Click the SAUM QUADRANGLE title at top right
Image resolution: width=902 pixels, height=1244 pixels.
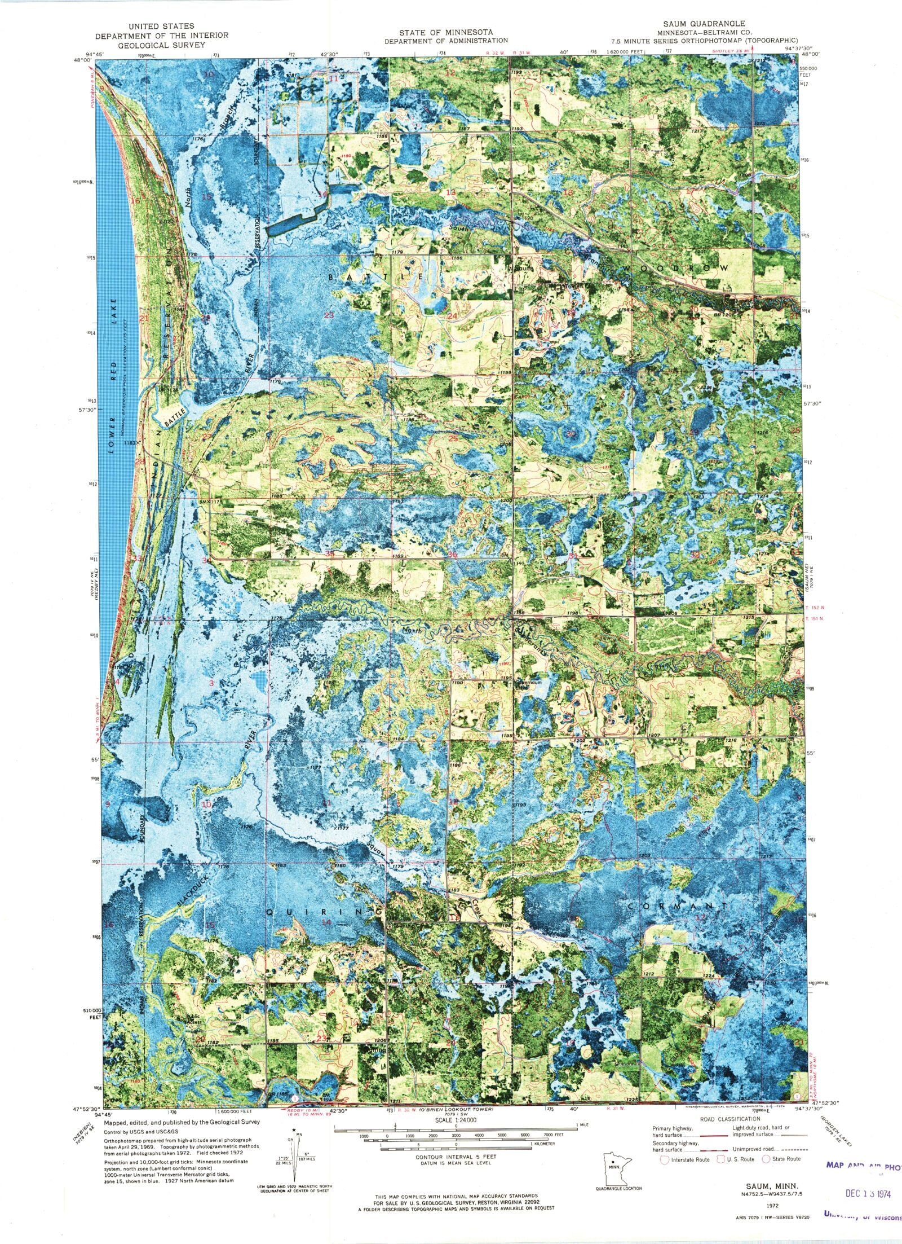[x=704, y=24]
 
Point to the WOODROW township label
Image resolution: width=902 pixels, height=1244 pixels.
[x=676, y=267]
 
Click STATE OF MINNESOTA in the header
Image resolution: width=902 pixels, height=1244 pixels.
[x=445, y=32]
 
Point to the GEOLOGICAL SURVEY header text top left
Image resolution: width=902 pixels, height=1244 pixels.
[x=161, y=44]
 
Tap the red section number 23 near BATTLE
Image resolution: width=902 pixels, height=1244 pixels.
[x=329, y=315]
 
